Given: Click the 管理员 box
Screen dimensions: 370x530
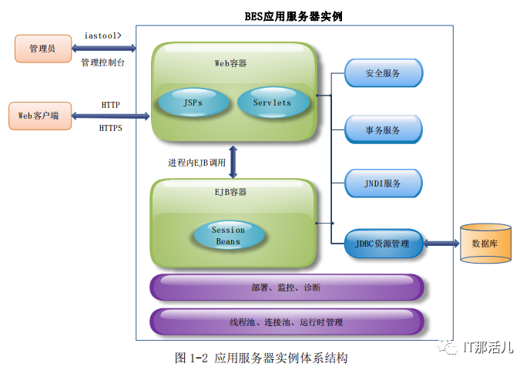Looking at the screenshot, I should pyautogui.click(x=43, y=49).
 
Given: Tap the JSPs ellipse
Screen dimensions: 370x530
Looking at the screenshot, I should pyautogui.click(x=193, y=103).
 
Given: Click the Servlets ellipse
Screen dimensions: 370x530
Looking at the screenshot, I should pyautogui.click(x=272, y=103).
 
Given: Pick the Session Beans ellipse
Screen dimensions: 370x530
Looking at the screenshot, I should pyautogui.click(x=228, y=235).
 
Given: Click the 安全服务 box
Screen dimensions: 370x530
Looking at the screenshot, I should pyautogui.click(x=383, y=73).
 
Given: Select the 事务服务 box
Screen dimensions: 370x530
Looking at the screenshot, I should pyautogui.click(x=383, y=129).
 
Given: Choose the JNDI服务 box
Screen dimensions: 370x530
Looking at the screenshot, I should pyautogui.click(x=383, y=183).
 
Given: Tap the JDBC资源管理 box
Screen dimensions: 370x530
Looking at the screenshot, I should pyautogui.click(x=384, y=244).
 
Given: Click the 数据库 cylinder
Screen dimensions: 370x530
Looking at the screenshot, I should pyautogui.click(x=485, y=243).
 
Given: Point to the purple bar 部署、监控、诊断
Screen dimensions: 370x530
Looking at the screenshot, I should pyautogui.click(x=286, y=288).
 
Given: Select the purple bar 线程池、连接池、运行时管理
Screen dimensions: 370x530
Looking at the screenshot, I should pyautogui.click(x=286, y=321).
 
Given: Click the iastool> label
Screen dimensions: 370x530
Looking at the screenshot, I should pyautogui.click(x=102, y=35).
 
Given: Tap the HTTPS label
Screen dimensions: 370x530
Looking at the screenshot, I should pyautogui.click(x=110, y=129).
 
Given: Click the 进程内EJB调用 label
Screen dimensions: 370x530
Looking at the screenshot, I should pyautogui.click(x=196, y=163).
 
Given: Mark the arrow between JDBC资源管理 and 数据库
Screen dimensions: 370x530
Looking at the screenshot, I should pyautogui.click(x=441, y=244).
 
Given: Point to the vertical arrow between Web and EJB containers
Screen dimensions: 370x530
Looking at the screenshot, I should pyautogui.click(x=232, y=161).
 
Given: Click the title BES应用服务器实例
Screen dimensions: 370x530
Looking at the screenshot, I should pyautogui.click(x=293, y=15).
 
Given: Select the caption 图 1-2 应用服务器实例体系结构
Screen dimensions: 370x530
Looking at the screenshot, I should pyautogui.click(x=261, y=358).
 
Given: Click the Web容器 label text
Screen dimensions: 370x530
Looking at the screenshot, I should pyautogui.click(x=230, y=62).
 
